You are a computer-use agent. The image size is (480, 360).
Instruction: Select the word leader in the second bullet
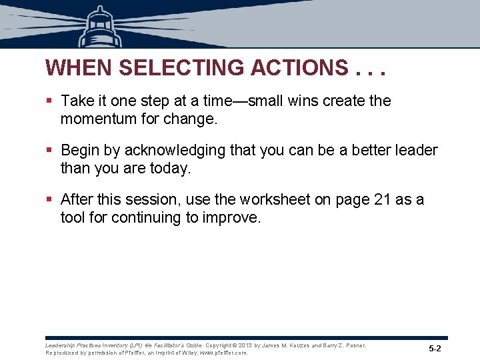416,151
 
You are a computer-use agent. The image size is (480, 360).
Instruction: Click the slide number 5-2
435,349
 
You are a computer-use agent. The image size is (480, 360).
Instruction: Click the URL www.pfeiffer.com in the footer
222,353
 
